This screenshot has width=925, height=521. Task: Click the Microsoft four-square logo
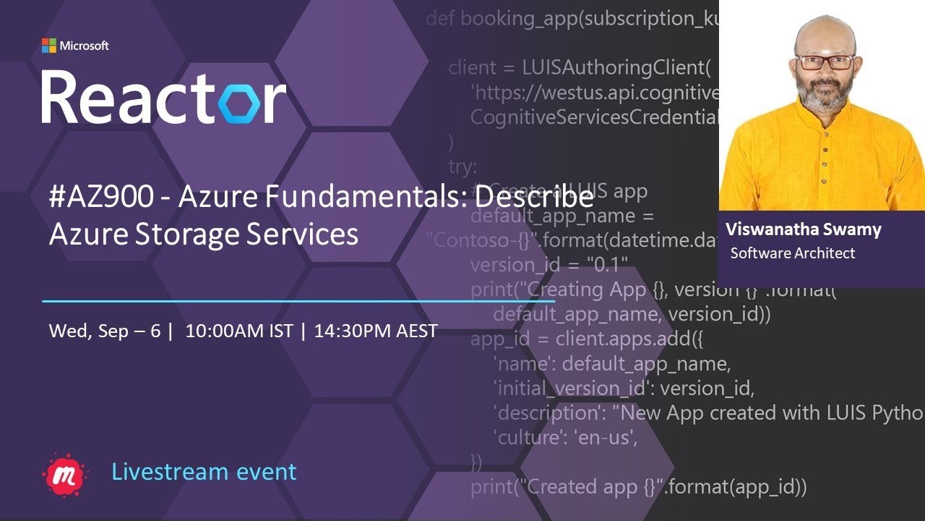48,46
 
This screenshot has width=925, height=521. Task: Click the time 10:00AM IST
239,331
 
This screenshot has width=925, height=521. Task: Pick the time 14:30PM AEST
376,331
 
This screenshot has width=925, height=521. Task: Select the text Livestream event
204,472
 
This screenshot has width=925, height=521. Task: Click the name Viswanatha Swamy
804,230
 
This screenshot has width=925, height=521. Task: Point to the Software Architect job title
793,253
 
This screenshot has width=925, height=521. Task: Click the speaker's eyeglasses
825,62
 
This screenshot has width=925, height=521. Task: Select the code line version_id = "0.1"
549,264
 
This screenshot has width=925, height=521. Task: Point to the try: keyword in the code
462,167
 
